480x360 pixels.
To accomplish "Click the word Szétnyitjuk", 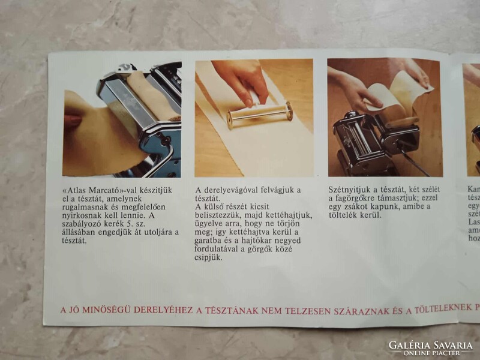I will click(348, 189).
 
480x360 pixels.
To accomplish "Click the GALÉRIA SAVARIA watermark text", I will click(430, 345).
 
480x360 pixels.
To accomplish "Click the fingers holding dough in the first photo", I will click(73, 121).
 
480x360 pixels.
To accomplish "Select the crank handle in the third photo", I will click(414, 161).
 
